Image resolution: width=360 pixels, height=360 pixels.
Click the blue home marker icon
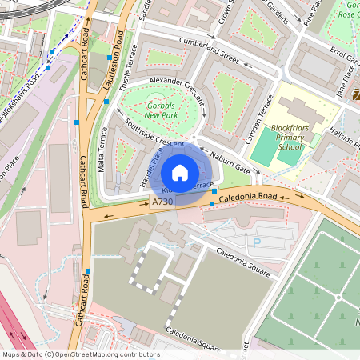pos(180,173)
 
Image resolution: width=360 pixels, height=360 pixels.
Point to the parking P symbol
pos(257,242)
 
